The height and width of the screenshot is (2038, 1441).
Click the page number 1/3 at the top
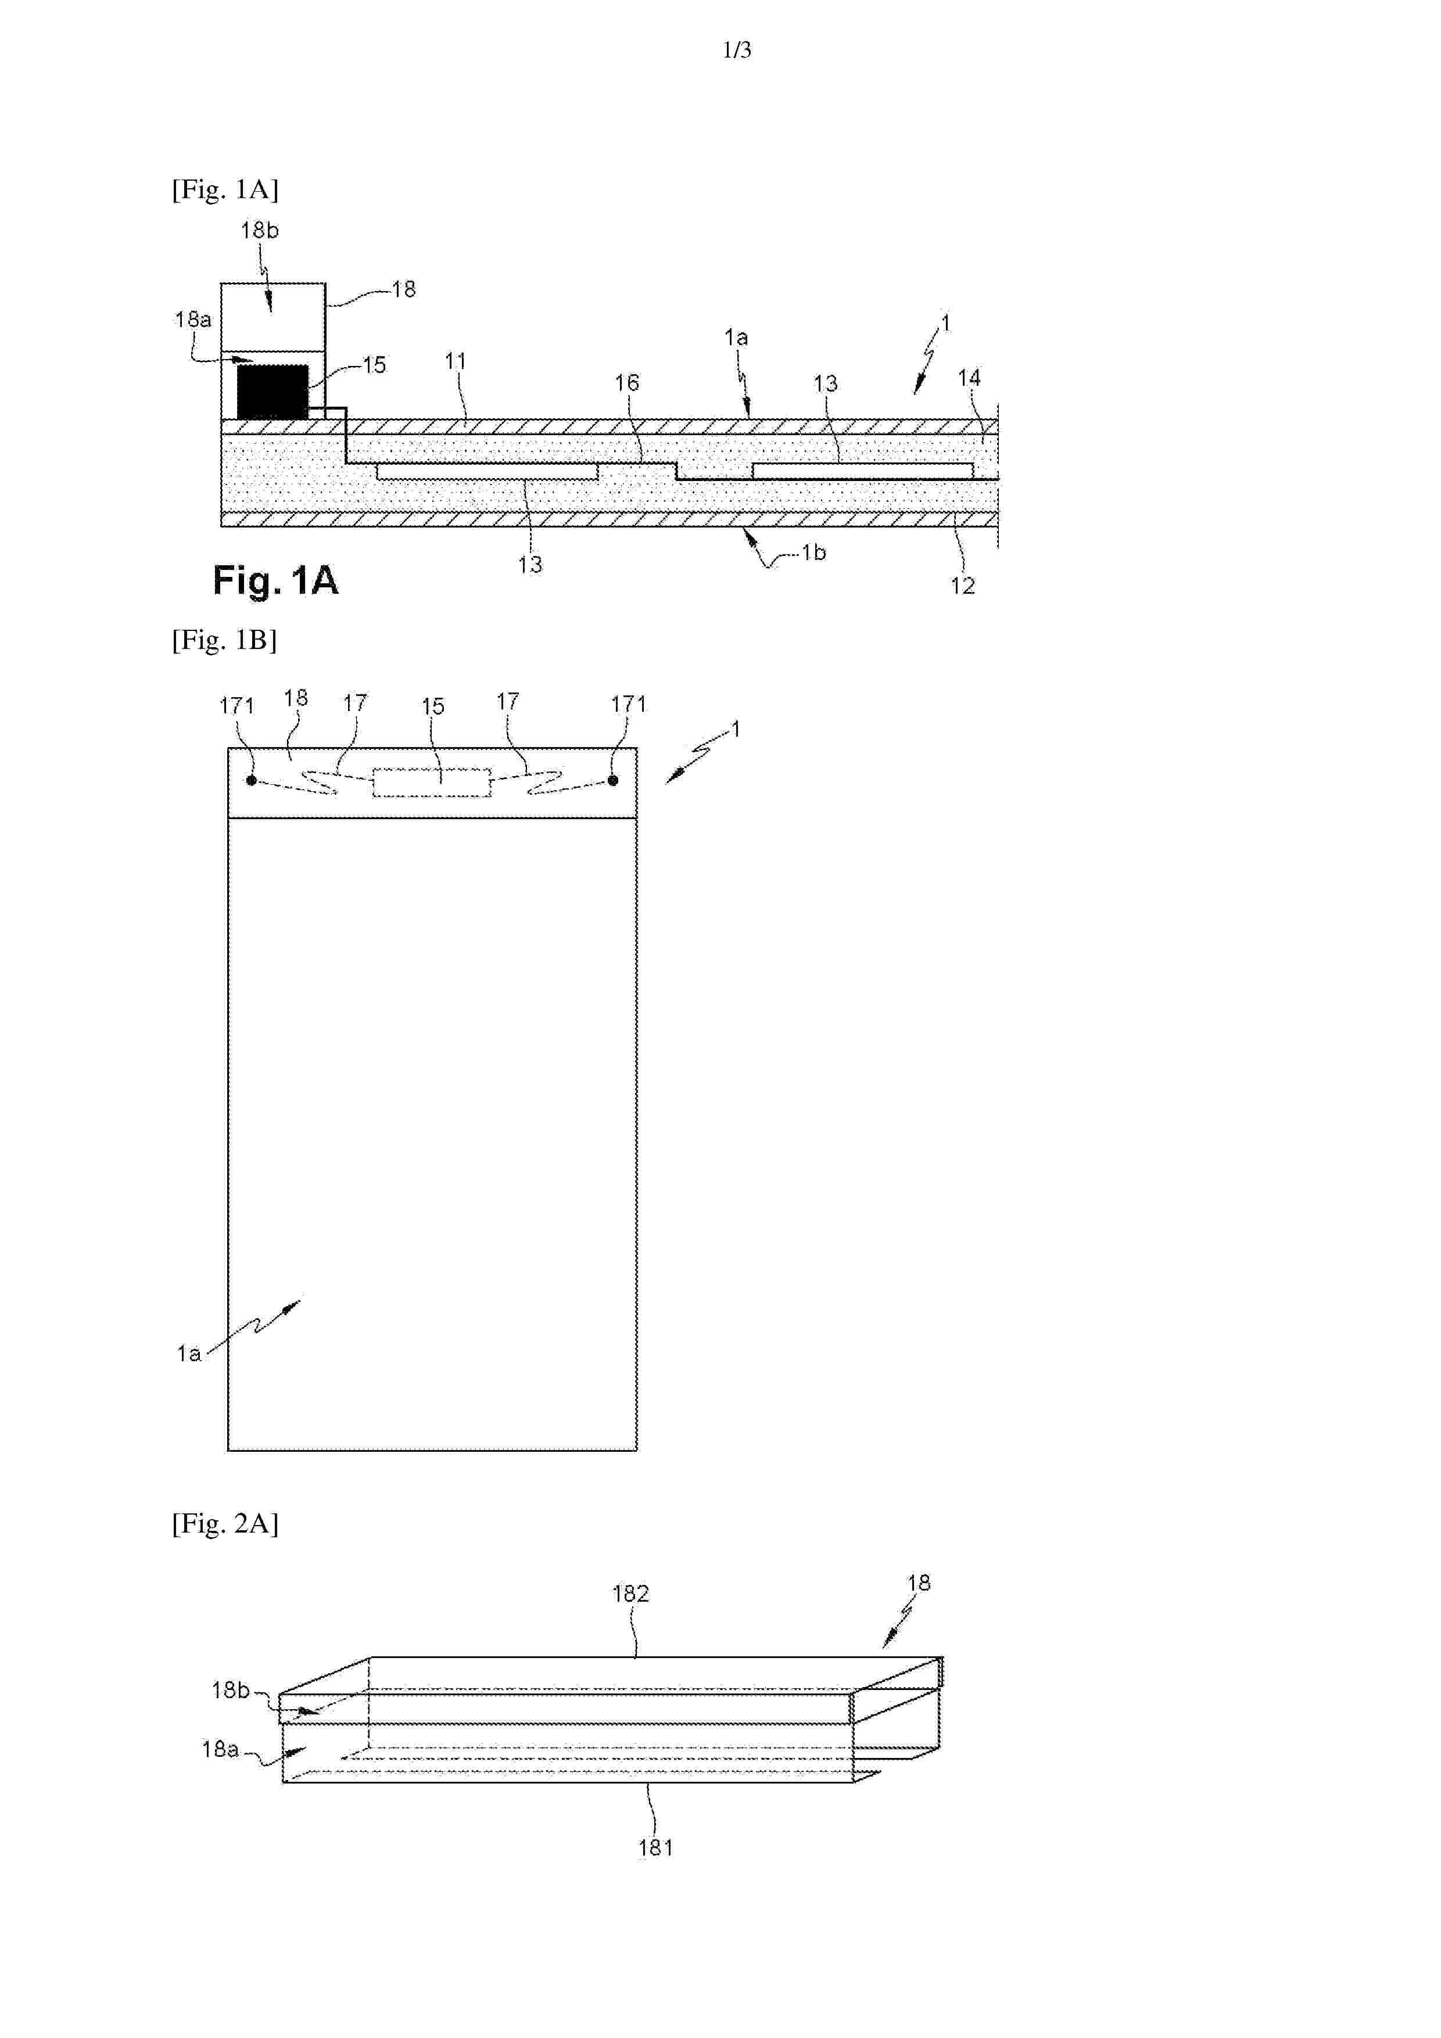point(737,51)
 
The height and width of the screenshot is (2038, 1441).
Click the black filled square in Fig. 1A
point(273,392)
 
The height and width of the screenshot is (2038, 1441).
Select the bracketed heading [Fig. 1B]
point(225,640)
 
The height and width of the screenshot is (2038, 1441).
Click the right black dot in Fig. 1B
point(612,781)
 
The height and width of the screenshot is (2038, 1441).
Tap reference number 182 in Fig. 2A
point(630,1594)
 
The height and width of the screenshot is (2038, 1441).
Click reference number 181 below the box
point(656,1848)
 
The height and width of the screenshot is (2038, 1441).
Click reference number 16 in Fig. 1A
point(627,383)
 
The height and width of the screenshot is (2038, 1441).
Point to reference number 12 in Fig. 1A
point(962,586)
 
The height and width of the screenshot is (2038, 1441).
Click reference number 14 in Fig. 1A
point(969,378)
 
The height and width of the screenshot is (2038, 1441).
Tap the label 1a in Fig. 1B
point(188,1354)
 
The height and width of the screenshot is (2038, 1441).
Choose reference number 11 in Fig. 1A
point(456,361)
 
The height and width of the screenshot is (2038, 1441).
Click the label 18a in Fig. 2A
point(220,1749)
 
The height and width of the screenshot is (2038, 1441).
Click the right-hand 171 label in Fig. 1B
point(629,705)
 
